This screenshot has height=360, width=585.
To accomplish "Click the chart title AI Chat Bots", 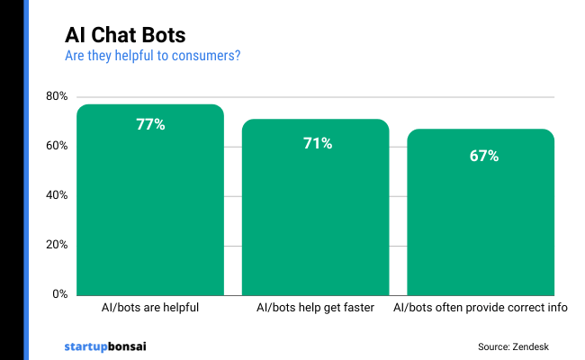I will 125,35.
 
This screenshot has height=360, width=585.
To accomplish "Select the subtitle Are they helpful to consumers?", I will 152,56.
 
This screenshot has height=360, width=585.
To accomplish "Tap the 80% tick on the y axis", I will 56,96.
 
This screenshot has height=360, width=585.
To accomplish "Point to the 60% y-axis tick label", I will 56,146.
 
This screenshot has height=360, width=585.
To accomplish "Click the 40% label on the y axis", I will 56,195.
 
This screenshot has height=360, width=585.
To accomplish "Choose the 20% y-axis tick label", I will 56,245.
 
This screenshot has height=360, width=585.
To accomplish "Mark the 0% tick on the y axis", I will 59,294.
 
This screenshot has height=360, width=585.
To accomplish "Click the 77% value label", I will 150,125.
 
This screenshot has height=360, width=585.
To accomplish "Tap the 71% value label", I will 316,143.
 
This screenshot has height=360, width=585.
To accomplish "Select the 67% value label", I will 481,156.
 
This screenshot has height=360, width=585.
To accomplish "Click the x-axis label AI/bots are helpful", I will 150,308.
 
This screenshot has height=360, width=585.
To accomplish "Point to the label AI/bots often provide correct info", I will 481,308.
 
